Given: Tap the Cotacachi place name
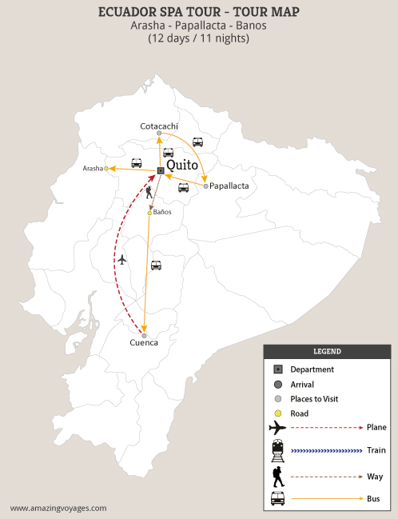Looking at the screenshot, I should (x=159, y=126).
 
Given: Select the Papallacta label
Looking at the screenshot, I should (x=229, y=186).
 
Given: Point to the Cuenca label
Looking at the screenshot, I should (x=144, y=343).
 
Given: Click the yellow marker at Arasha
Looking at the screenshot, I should (x=105, y=168).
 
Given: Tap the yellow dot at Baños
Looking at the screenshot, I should (x=149, y=213).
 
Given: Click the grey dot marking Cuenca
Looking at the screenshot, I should (x=145, y=336).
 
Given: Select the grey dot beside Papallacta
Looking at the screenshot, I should (x=205, y=186).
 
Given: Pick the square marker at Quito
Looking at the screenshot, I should (x=161, y=171).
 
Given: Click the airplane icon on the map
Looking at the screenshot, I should (x=121, y=259).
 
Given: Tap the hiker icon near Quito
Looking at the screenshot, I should (x=149, y=192).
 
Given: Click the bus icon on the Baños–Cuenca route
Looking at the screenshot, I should (x=156, y=265).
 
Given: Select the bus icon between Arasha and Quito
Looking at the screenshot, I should (x=137, y=163).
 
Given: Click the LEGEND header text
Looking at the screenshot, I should (x=328, y=351).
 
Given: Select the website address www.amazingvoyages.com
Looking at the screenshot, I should (x=58, y=508).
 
